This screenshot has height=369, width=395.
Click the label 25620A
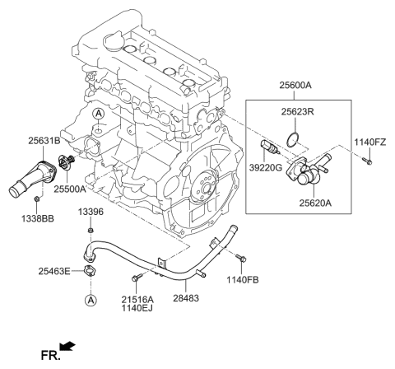(x=316, y=199)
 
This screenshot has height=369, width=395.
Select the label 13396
(x=91, y=213)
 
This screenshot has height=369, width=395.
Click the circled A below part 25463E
(x=89, y=301)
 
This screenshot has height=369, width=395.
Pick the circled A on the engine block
(x=97, y=113)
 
